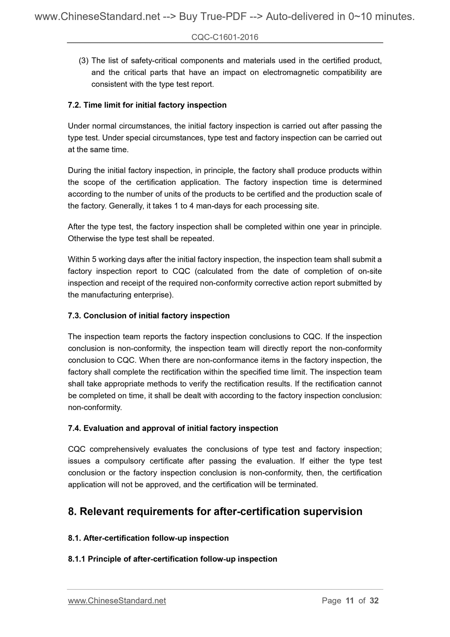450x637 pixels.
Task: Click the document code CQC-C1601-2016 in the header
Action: pos(225,37)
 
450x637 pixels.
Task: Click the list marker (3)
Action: pos(83,60)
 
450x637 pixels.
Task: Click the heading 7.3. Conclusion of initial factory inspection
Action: pos(149,316)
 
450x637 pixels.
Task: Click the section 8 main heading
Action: pos(215,511)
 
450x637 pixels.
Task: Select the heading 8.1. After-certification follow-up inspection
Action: pos(148,538)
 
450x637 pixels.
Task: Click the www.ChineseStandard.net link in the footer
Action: pos(117,601)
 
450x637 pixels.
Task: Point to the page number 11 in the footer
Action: pos(350,601)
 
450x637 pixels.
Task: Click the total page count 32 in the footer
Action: pos(374,601)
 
